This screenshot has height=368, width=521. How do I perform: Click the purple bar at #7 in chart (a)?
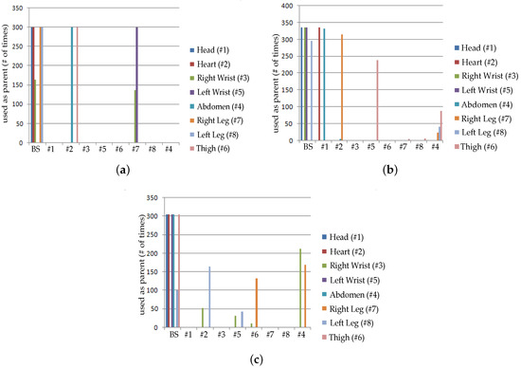pyautogui.click(x=137, y=85)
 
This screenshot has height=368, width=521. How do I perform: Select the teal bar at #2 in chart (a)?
pyautogui.click(x=72, y=85)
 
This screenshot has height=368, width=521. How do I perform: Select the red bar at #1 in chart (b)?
pyautogui.click(x=319, y=85)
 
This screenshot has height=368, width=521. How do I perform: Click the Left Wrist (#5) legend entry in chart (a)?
pyautogui.click(x=224, y=92)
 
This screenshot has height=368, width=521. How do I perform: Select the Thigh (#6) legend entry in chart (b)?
pyautogui.click(x=485, y=147)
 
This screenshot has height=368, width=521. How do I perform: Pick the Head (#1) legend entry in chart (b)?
pyautogui.click(x=484, y=46)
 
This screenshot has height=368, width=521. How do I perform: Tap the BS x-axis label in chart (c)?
pyautogui.click(x=171, y=335)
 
